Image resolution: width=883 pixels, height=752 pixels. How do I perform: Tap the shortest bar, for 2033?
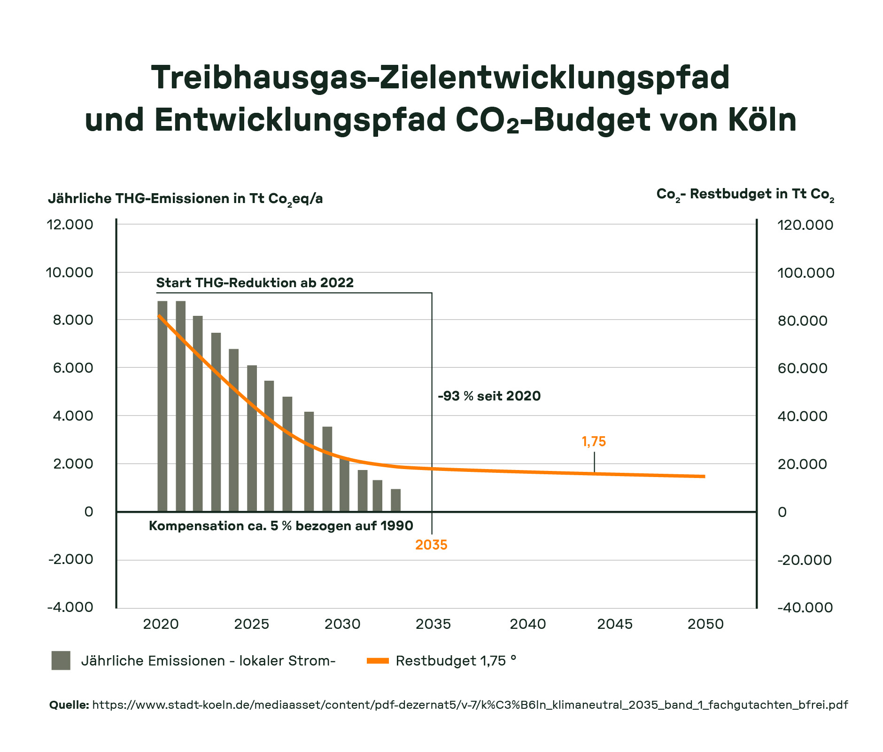click(x=395, y=500)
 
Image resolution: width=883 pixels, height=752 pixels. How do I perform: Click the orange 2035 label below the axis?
click(x=431, y=545)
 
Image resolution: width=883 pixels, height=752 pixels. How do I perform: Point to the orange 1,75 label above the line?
click(x=594, y=442)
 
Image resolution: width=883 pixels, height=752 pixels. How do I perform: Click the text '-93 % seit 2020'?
click(x=489, y=396)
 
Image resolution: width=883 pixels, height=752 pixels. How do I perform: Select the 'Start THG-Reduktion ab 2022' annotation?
click(x=255, y=283)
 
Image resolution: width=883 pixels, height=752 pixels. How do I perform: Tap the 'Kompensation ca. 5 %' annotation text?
click(x=281, y=526)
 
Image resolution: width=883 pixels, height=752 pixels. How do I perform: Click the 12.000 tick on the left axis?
click(x=70, y=225)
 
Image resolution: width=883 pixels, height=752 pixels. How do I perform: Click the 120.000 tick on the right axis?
click(x=805, y=225)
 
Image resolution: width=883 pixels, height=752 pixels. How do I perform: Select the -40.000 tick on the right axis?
click(x=805, y=608)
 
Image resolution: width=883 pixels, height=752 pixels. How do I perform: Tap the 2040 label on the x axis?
click(x=528, y=624)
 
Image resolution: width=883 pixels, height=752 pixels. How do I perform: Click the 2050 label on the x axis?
click(x=705, y=624)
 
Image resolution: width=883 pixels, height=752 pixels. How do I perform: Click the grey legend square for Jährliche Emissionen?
click(x=61, y=660)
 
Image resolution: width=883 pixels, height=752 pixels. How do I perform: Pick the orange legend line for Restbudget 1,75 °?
click(x=378, y=661)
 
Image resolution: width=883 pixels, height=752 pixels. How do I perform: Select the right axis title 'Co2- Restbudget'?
click(x=745, y=195)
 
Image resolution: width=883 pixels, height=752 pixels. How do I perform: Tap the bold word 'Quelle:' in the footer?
click(x=69, y=705)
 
